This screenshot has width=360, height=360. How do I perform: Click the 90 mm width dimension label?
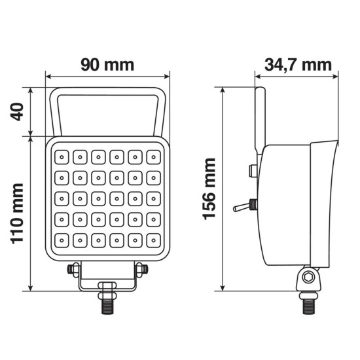[x=107, y=65]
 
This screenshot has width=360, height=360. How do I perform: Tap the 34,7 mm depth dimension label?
[x=298, y=65]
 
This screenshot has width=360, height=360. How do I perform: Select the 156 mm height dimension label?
[x=209, y=189]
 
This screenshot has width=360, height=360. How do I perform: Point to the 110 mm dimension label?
[x=18, y=214]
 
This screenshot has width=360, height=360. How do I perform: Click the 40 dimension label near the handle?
[x=18, y=113]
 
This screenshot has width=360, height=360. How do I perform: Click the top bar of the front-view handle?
[x=107, y=91]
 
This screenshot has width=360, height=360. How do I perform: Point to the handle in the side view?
[x=261, y=118]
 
